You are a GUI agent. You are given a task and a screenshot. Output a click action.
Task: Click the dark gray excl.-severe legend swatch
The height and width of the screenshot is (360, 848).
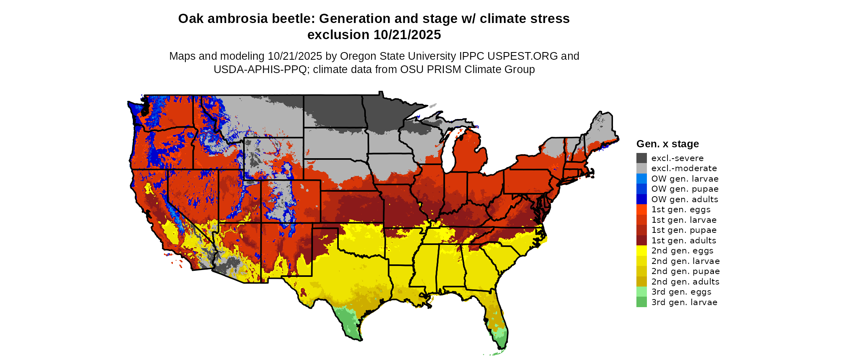[641, 158]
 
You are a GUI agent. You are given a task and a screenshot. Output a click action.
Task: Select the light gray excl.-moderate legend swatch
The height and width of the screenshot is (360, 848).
[641, 168]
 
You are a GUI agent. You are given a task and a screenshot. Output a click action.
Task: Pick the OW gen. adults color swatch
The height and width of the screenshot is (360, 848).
[641, 199]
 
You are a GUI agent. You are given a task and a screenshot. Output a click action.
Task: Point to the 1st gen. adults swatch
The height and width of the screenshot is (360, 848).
[641, 241]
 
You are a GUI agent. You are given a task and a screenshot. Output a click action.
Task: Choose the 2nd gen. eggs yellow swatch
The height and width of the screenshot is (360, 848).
[641, 251]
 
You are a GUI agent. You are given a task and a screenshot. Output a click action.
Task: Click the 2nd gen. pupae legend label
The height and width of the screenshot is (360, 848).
[685, 271]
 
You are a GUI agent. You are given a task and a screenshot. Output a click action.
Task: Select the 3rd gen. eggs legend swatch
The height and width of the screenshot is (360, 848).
[641, 292]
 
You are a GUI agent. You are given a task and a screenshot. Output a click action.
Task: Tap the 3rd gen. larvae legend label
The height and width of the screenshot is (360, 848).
[684, 302]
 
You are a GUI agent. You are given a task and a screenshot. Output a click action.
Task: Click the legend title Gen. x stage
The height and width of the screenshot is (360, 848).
[667, 144]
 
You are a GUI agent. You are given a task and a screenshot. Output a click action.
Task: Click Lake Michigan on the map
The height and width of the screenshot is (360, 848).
[447, 151]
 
